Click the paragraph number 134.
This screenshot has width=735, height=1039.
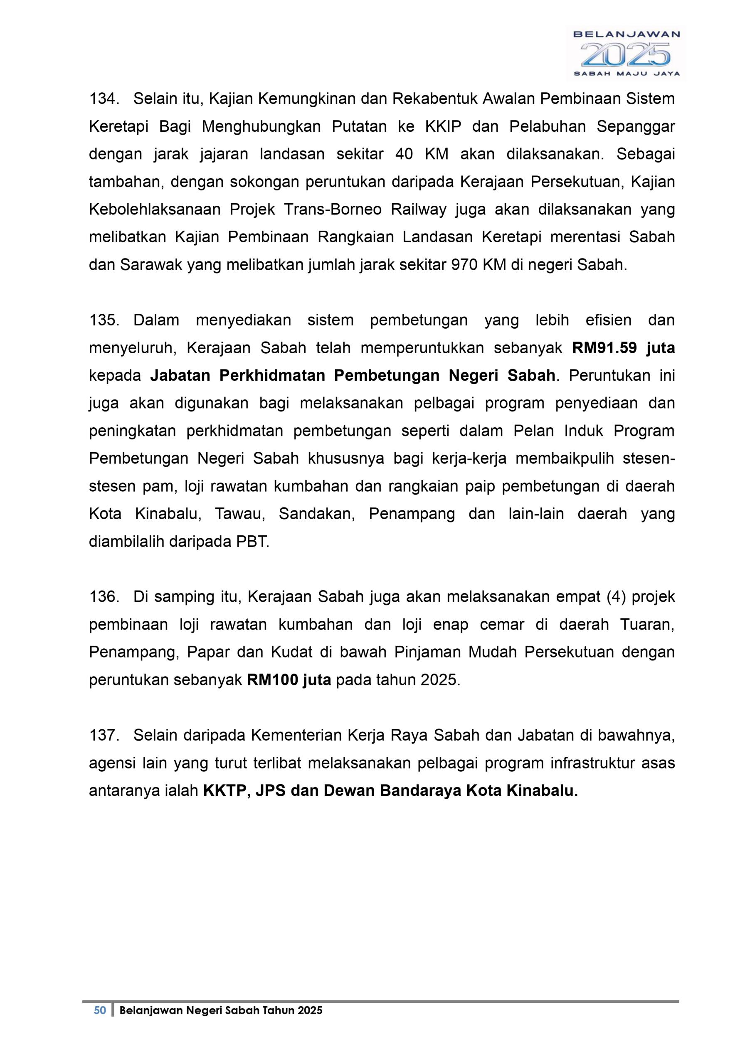coord(104,98)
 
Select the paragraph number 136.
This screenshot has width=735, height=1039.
coord(104,597)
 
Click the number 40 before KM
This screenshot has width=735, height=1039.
coord(404,154)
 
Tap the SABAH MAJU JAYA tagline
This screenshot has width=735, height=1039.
coord(626,74)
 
